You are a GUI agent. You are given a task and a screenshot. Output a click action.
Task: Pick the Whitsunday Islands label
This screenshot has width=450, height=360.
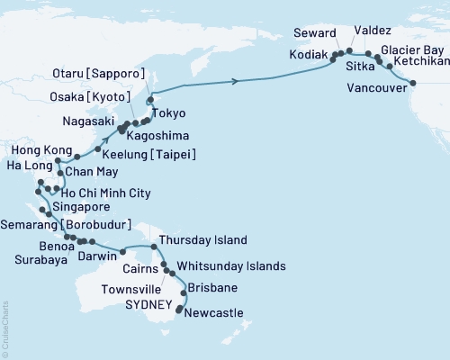[231, 266]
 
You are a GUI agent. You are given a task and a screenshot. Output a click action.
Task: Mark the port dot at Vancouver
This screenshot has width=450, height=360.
[414, 83]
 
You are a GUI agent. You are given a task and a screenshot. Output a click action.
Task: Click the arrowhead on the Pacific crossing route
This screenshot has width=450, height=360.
[236, 82]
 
